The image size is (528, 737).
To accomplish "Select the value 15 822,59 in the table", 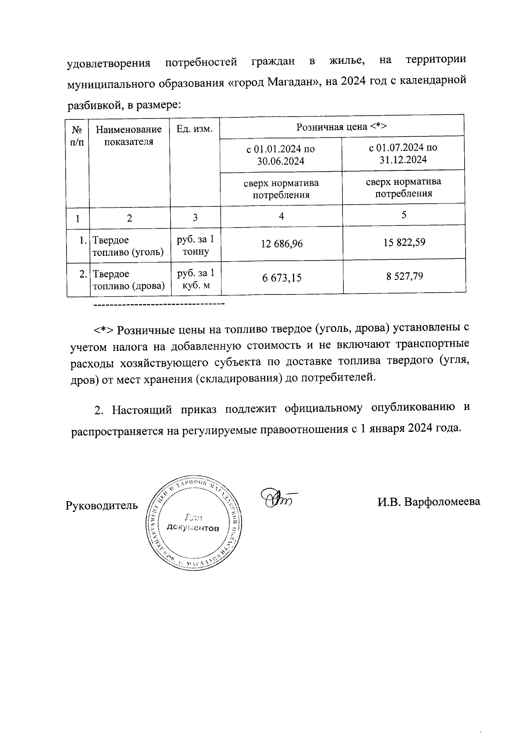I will click(404, 242).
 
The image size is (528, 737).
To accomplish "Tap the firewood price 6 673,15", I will click(282, 278).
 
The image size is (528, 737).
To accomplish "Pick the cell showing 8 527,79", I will click(404, 276).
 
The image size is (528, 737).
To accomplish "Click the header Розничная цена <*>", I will click(341, 127).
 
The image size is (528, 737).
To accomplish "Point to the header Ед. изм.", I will click(194, 129).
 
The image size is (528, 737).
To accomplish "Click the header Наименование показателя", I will click(129, 136).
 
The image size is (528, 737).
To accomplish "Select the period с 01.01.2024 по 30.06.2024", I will click(281, 155).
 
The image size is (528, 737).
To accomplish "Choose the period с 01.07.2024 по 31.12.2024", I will click(403, 154).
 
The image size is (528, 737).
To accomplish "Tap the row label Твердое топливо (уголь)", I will click(128, 246).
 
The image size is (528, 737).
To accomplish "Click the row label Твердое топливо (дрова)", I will click(128, 280).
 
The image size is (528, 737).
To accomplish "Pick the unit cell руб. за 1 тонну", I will click(195, 246).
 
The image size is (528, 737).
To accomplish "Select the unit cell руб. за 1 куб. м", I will click(195, 280).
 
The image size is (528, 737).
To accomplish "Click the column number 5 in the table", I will click(404, 215).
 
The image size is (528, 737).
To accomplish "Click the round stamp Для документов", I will click(192, 523).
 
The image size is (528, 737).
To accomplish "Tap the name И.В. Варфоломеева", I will click(429, 502).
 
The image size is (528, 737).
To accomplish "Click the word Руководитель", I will click(102, 505).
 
